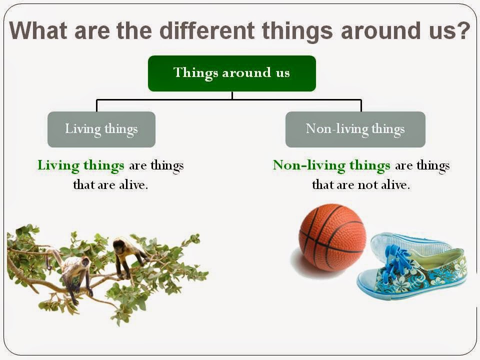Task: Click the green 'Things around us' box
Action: [x=231, y=73]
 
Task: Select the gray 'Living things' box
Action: [x=101, y=129]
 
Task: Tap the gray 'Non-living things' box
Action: [x=355, y=129]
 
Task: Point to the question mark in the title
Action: [x=463, y=31]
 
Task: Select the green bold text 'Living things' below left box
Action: [x=81, y=165]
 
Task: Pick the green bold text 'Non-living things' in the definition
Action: [x=331, y=165]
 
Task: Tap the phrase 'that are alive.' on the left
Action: [x=110, y=185]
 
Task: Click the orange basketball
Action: [x=331, y=236]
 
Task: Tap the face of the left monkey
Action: [x=84, y=262]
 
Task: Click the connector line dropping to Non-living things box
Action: [x=361, y=105]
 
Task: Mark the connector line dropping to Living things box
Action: [x=96, y=105]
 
